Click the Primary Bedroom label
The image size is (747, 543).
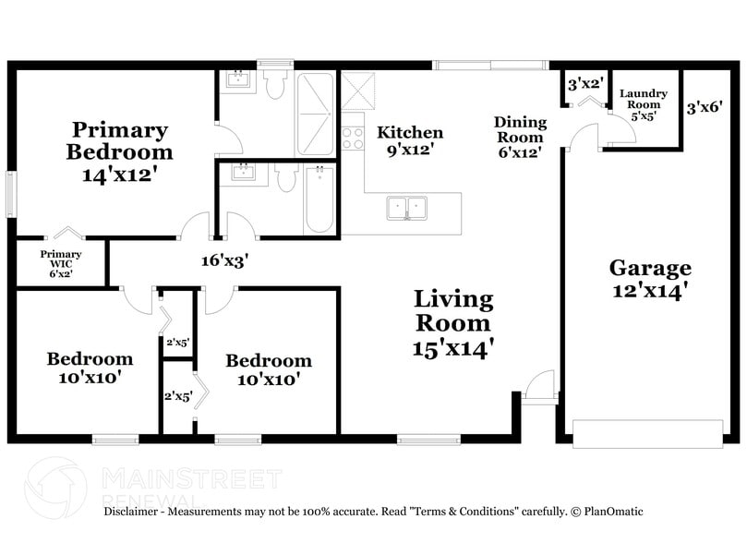(120, 140)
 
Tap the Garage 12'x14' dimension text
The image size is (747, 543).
(650, 290)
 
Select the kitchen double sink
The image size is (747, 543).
(407, 208)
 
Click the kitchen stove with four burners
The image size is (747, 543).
(353, 138)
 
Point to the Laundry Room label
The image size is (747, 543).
(644, 99)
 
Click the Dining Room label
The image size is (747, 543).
(520, 129)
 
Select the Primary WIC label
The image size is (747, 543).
(61, 259)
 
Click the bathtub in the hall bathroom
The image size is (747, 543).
(319, 199)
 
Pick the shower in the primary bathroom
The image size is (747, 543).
(316, 114)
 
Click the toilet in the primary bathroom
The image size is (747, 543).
(274, 84)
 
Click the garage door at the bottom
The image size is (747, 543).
(648, 433)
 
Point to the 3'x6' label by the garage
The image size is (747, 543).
(705, 107)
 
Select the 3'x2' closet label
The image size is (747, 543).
(586, 84)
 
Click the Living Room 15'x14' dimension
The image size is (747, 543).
(452, 349)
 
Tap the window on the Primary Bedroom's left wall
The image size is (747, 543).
(11, 194)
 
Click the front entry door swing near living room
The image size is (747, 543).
(540, 383)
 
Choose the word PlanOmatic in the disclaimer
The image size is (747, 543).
(614, 512)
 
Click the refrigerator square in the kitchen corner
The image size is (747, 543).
(358, 91)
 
